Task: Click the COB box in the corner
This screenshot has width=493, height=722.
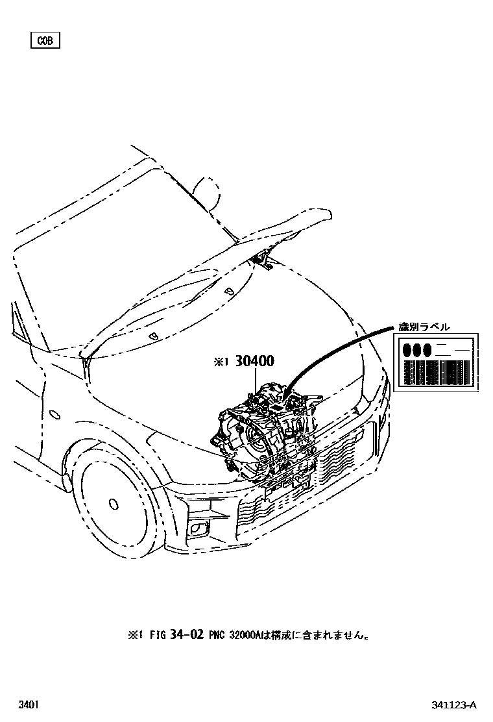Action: coord(45,41)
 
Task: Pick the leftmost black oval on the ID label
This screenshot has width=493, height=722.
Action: coord(407,350)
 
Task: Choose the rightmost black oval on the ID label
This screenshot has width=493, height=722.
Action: coord(427,350)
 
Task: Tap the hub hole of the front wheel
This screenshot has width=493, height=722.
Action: coord(114,503)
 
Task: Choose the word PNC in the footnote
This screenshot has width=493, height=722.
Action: coord(217,635)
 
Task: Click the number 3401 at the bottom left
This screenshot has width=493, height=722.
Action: coord(27,704)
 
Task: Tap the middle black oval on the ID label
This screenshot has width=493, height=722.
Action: coord(417,350)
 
